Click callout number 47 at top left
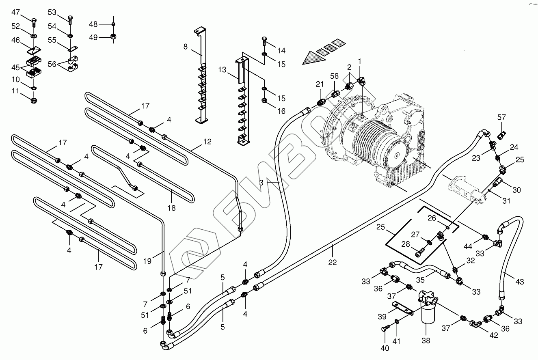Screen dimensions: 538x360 click(15, 12)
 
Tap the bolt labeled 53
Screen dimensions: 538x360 click(70, 20)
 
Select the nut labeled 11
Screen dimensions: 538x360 click(34, 101)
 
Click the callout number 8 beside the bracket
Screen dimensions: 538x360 click(186, 47)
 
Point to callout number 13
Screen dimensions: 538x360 click(222, 70)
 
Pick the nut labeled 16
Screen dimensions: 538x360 click(264, 100)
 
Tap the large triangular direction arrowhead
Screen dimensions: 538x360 click(311, 58)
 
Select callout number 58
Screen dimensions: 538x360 click(334, 76)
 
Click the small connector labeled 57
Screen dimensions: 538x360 click(501, 136)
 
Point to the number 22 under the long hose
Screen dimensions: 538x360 click(333, 262)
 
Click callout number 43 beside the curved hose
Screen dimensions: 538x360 click(519, 281)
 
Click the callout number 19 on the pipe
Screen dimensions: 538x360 click(147, 261)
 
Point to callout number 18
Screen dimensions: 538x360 click(171, 208)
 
